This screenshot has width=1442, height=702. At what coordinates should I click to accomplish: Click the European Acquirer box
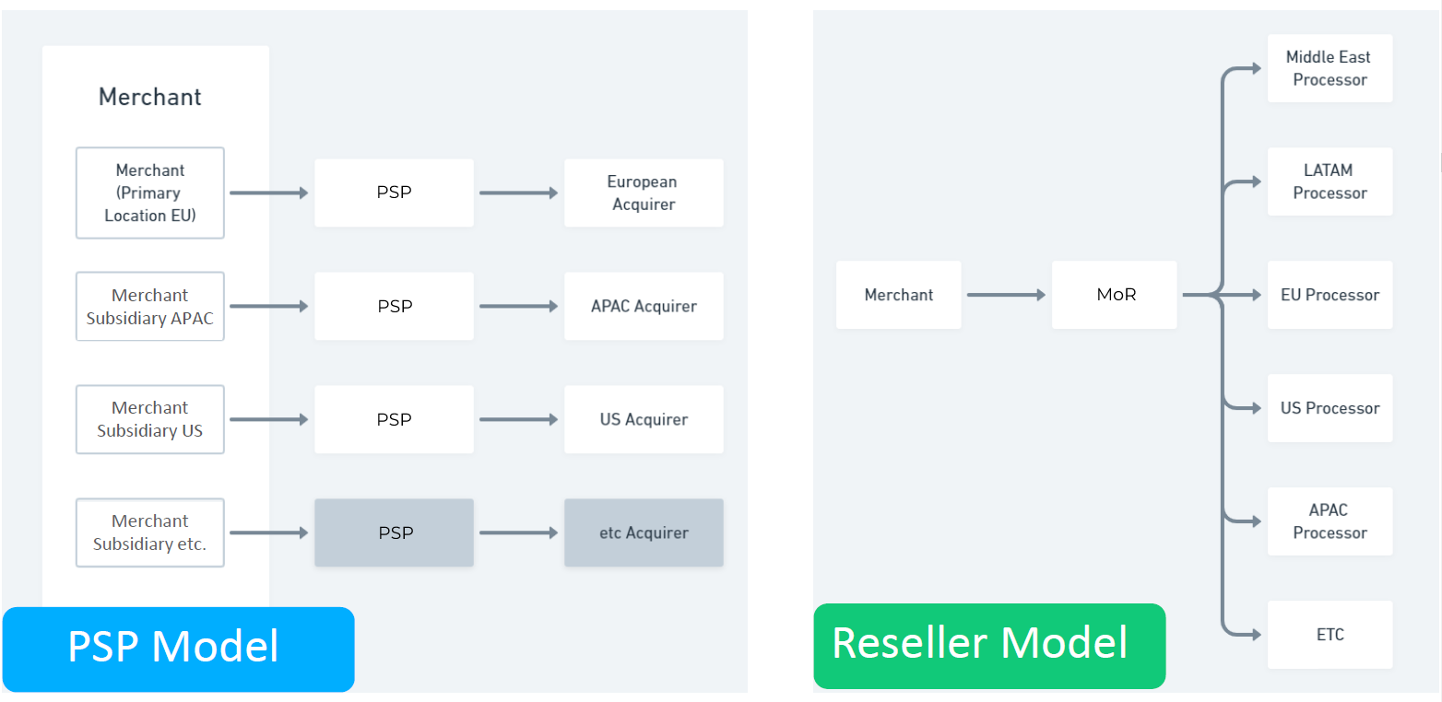[644, 193]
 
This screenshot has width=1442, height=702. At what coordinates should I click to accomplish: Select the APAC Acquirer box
[644, 306]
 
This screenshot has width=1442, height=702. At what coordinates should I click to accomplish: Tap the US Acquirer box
[644, 419]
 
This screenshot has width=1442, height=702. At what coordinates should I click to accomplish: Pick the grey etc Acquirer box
[644, 532]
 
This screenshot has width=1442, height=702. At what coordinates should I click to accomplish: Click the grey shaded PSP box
[394, 532]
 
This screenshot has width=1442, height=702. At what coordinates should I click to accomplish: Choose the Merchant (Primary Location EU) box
[149, 193]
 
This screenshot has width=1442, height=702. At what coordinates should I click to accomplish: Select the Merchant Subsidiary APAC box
[149, 306]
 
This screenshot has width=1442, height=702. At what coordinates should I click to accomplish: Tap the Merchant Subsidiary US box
[149, 419]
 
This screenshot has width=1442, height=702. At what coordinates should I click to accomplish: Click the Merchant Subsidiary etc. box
[149, 532]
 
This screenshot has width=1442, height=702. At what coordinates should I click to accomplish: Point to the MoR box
[1114, 295]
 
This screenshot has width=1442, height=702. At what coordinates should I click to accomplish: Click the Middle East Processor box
[1330, 68]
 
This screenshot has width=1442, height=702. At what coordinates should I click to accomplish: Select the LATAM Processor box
[1330, 181]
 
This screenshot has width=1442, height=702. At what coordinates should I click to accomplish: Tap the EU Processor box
[1330, 295]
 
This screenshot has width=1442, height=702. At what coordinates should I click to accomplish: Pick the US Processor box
[1330, 408]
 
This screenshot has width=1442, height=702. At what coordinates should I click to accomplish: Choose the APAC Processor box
[1330, 521]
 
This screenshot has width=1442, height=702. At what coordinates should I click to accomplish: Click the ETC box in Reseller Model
[1330, 635]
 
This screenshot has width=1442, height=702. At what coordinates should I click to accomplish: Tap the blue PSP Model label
[178, 649]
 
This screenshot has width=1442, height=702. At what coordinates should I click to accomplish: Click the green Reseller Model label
[988, 645]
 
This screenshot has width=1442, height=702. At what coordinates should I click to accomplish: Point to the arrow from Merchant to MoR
[1006, 295]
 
